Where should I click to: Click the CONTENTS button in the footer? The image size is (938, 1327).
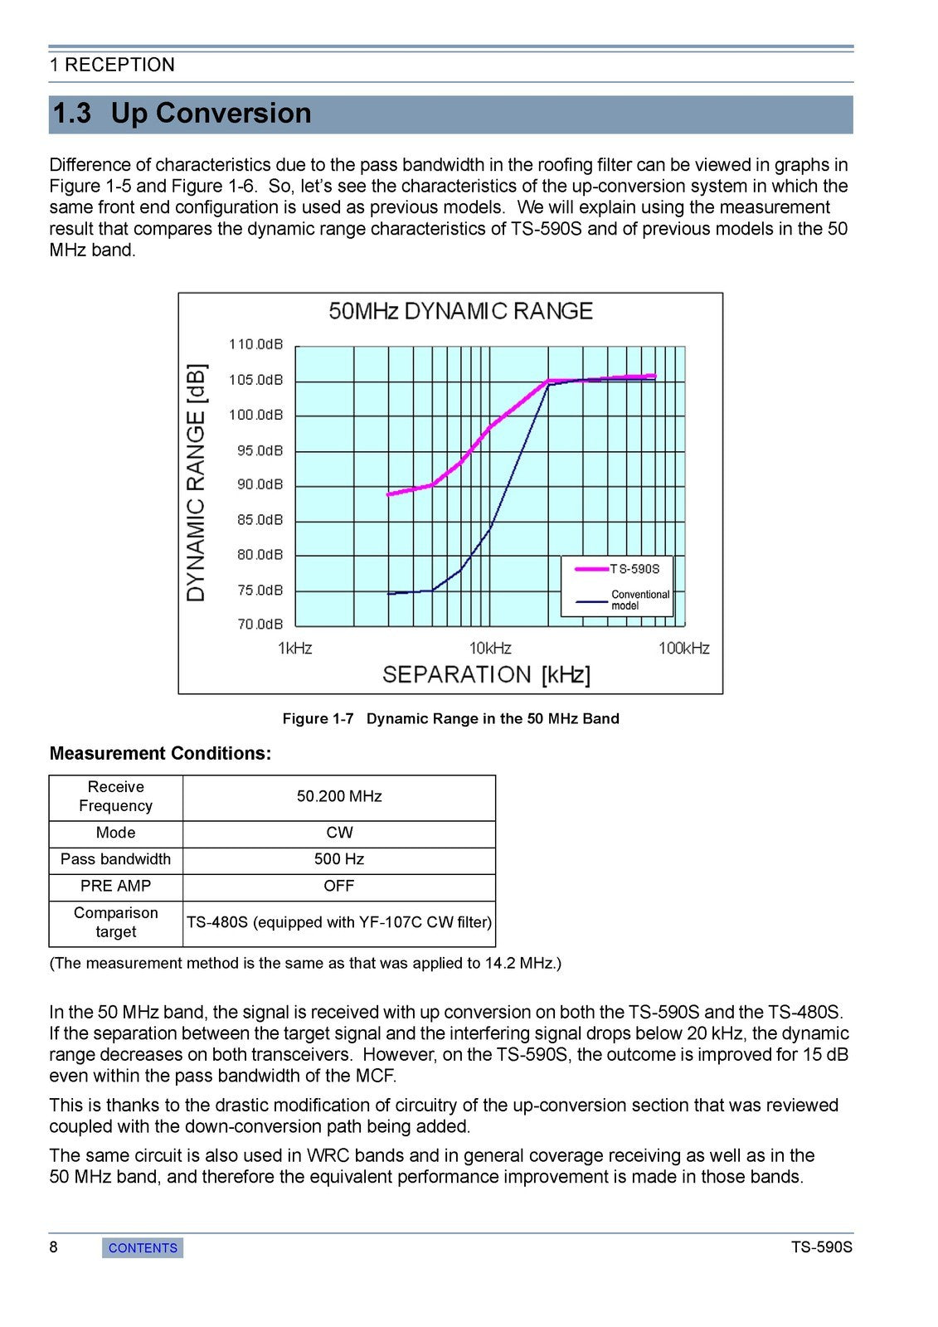point(143,1247)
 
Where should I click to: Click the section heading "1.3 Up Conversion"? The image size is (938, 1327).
point(182,114)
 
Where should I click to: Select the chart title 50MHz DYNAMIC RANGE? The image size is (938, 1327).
point(460,311)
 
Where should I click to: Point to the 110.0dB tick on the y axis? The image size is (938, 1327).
point(255,344)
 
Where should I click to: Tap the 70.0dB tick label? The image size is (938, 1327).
point(260,624)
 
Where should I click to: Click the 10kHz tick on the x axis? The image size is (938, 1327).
point(490,648)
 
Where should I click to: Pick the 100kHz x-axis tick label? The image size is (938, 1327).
point(683,648)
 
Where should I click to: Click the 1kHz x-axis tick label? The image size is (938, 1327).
point(295,648)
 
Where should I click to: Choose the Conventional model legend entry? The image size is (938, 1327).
point(639,600)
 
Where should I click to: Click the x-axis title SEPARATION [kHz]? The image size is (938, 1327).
point(486,674)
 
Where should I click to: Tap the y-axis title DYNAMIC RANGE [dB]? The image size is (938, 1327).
point(197,483)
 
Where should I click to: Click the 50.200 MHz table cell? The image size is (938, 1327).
point(339,796)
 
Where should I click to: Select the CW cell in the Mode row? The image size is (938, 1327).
point(339,833)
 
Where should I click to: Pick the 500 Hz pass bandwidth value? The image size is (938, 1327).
point(339,859)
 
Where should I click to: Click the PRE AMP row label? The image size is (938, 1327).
point(116,886)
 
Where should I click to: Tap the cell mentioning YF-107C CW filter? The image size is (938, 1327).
point(339,922)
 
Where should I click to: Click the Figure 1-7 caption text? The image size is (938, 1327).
point(450,718)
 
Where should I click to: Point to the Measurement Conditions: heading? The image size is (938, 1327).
point(160,753)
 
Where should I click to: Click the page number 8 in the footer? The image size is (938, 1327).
point(54,1247)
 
